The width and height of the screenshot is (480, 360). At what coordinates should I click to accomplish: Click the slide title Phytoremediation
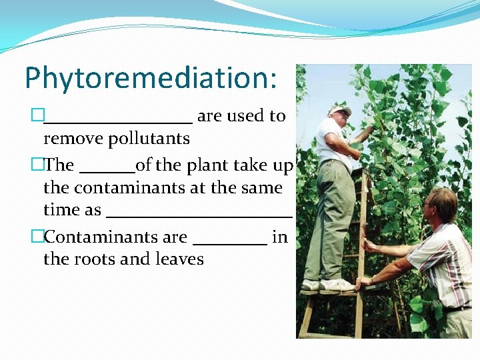click(150, 78)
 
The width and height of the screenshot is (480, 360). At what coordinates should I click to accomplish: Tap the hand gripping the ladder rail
click(364, 282)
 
